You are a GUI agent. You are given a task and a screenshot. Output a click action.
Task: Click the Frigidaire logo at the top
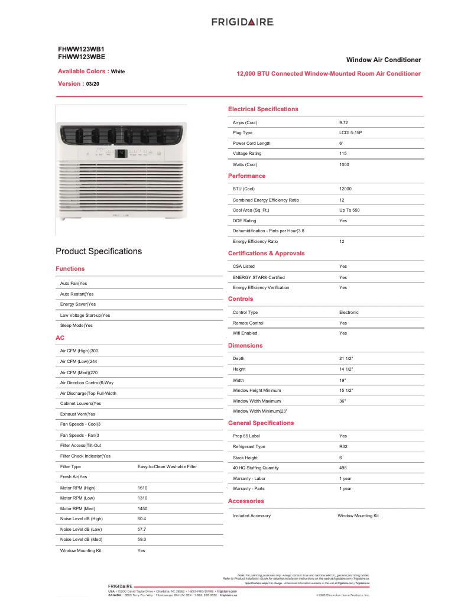click(242, 22)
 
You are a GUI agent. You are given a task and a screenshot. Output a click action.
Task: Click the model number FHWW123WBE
click(82, 57)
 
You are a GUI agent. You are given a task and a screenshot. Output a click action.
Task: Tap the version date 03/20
click(93, 85)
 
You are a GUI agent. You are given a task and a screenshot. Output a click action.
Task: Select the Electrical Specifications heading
click(263, 109)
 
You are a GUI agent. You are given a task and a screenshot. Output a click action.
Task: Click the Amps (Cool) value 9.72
click(344, 123)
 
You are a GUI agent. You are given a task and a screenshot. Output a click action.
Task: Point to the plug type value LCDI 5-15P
click(350, 133)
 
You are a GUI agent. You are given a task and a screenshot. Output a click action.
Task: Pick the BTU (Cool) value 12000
click(345, 189)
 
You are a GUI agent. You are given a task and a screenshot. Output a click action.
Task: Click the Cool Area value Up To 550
click(349, 210)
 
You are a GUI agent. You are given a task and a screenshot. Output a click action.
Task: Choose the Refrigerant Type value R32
click(343, 447)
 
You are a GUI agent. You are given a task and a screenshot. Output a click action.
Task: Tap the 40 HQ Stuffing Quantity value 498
click(343, 468)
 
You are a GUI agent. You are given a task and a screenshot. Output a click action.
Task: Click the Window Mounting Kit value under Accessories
click(358, 516)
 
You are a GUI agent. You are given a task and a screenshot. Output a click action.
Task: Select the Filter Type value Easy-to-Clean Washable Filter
click(167, 467)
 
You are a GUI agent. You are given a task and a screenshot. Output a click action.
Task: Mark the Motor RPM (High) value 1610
click(142, 488)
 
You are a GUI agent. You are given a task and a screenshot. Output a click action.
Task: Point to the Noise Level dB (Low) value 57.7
click(142, 530)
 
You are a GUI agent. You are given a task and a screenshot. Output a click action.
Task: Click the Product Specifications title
click(99, 251)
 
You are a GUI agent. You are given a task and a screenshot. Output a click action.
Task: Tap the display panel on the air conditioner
click(121, 153)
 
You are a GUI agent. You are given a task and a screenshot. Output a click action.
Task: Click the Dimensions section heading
click(245, 346)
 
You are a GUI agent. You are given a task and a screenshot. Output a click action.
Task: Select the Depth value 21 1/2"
click(346, 359)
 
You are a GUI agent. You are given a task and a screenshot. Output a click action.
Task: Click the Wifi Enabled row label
click(245, 333)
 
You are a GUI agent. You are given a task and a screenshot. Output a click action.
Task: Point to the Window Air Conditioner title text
click(383, 60)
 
